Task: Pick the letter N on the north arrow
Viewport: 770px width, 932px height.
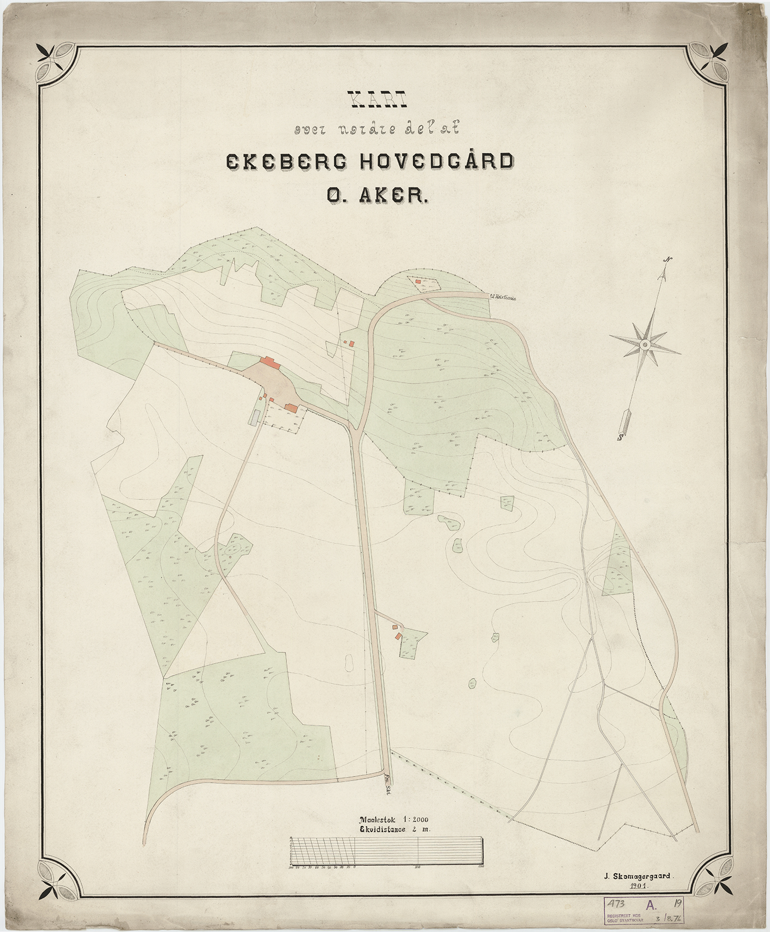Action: click(668, 260)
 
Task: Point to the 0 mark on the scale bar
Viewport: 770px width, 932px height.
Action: click(355, 867)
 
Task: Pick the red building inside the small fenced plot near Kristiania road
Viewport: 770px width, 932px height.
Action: click(418, 282)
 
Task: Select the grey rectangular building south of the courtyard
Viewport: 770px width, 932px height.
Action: click(254, 417)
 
